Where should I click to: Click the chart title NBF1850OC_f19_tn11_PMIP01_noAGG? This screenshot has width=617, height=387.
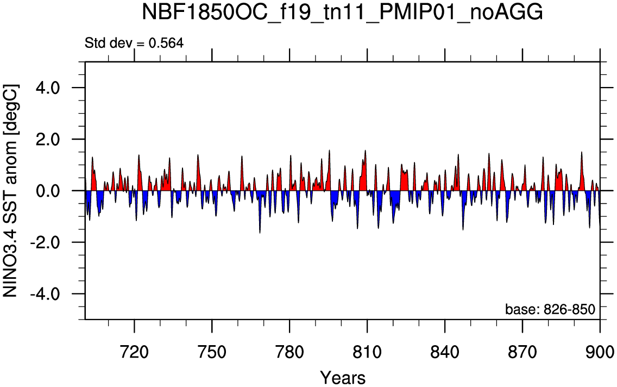(x=342, y=13)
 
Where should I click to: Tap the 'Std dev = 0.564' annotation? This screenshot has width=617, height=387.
(x=134, y=43)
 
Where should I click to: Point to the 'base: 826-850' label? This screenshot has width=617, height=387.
(x=550, y=309)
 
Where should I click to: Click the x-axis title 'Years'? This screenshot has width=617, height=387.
(x=343, y=378)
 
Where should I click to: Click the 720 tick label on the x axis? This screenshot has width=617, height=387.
(x=135, y=352)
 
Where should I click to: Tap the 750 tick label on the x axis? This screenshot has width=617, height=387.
(x=212, y=352)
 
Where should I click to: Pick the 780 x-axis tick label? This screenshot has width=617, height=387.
(x=289, y=352)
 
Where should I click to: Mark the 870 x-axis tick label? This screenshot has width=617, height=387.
(x=522, y=352)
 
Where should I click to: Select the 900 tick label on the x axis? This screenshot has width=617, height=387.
(x=600, y=352)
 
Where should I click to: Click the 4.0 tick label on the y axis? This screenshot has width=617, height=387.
(x=47, y=88)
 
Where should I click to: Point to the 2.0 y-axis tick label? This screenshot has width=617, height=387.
(x=47, y=139)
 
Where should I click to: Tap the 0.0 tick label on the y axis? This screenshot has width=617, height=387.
(x=47, y=191)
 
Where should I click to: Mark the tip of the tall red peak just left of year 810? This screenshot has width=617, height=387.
(x=365, y=150)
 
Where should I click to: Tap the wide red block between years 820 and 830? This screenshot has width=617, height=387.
(x=404, y=180)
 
